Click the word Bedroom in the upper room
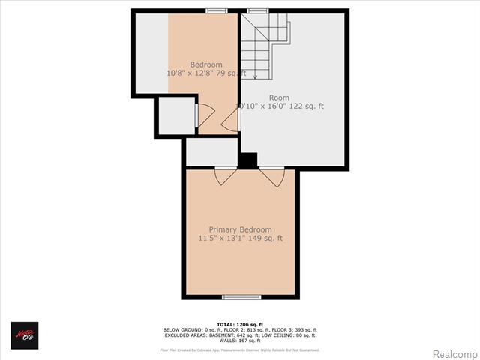(205, 64)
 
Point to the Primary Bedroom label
(240, 229)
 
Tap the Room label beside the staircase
(279, 97)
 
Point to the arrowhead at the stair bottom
(255, 76)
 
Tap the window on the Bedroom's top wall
(217, 10)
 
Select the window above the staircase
(258, 10)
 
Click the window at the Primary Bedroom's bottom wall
(241, 297)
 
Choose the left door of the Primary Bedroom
(225, 176)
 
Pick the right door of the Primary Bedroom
(272, 177)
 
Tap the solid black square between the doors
(248, 160)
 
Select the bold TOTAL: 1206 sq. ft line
(239, 324)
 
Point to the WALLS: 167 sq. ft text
(239, 340)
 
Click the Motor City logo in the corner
(24, 335)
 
